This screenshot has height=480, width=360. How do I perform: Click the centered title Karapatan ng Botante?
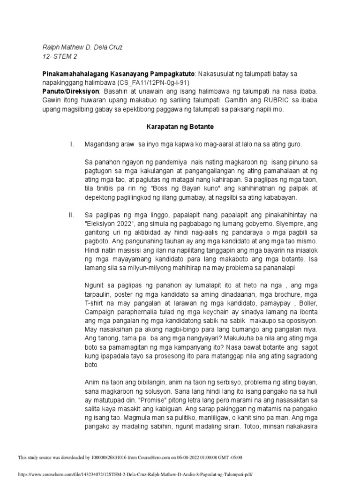pyautogui.click(x=180, y=126)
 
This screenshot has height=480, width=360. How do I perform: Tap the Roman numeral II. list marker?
pyautogui.click(x=71, y=215)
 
